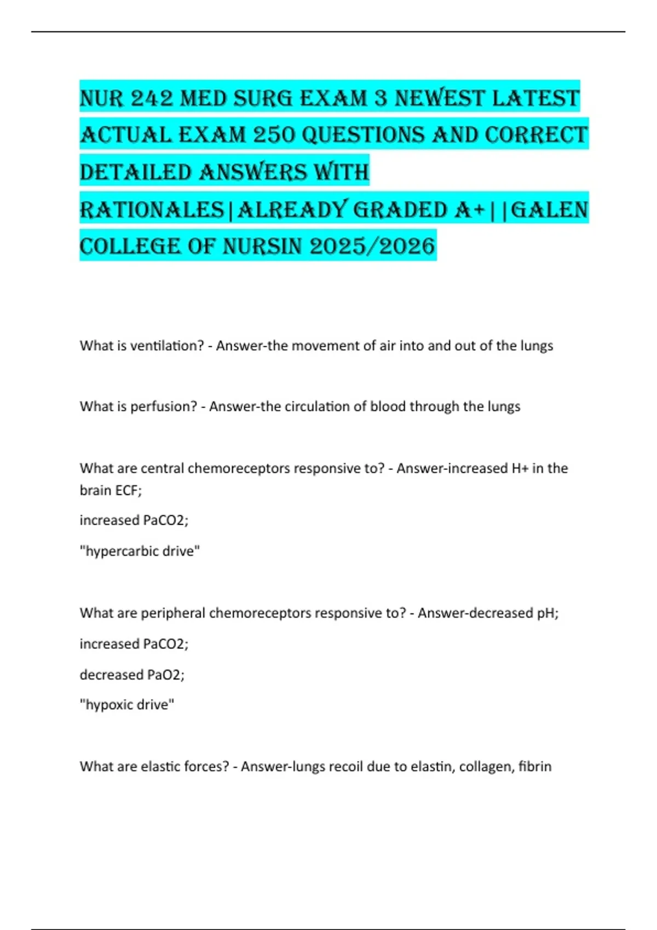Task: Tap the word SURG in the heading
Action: pyautogui.click(x=261, y=98)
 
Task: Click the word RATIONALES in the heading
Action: pyautogui.click(x=152, y=210)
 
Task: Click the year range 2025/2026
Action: pyautogui.click(x=372, y=247)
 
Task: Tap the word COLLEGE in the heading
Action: pyautogui.click(x=130, y=247)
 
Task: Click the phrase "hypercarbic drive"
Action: pyautogui.click(x=140, y=551)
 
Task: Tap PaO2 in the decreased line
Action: pyautogui.click(x=164, y=675)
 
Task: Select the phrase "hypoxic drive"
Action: pyautogui.click(x=127, y=705)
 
